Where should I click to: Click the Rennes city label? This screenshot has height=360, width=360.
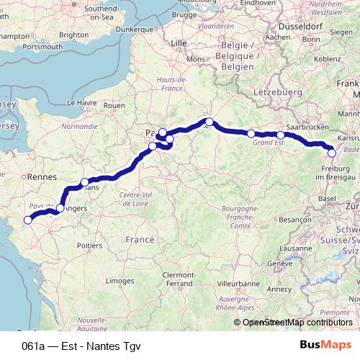[42, 176]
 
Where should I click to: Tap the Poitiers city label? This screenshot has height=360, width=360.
[89, 246]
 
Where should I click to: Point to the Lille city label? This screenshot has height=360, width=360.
[179, 43]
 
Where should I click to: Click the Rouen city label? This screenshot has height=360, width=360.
[114, 105]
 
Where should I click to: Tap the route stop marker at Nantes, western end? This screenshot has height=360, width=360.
[28, 220]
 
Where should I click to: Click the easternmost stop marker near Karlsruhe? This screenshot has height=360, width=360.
[331, 153]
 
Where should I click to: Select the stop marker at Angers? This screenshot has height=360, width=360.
[60, 208]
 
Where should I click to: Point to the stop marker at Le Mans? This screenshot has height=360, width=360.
[85, 182]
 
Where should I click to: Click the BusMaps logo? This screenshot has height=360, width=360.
[325, 345]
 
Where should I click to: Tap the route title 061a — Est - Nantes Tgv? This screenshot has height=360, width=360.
[81, 346]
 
